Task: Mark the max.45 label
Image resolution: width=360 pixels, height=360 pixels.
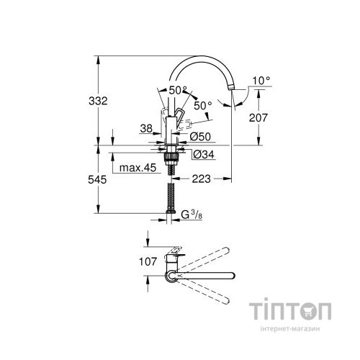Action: coord(138,168)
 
